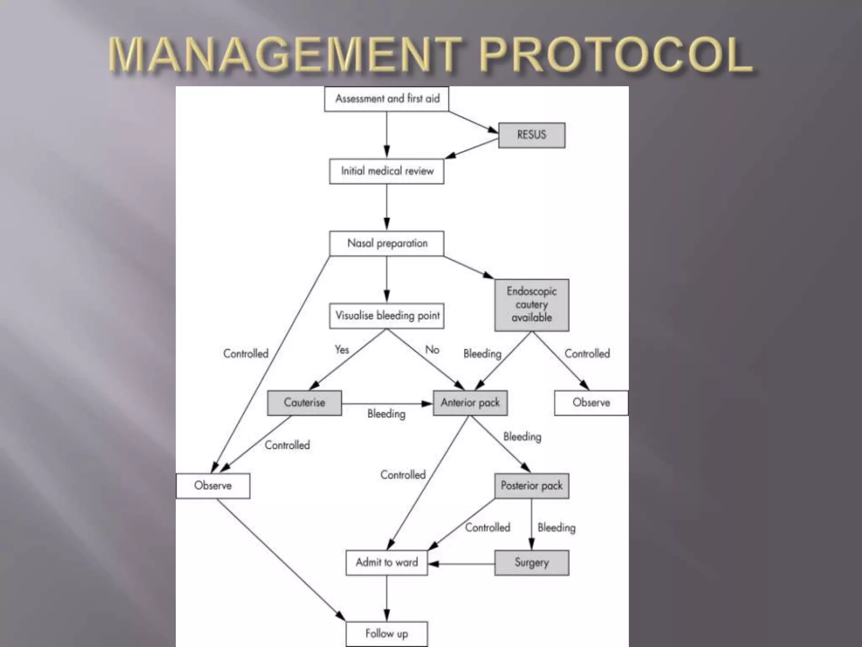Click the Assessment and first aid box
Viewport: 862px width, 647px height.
[386, 99]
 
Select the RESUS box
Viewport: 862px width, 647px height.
[532, 135]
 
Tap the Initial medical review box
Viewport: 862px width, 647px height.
[386, 171]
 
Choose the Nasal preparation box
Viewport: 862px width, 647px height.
[386, 243]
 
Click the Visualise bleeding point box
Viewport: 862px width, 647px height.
[386, 315]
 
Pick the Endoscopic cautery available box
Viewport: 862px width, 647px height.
[532, 305]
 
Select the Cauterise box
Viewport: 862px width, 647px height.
[304, 403]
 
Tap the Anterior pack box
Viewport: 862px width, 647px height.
[470, 403]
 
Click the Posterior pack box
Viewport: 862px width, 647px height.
[532, 486]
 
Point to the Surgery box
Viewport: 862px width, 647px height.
[532, 562]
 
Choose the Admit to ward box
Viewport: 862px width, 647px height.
[386, 562]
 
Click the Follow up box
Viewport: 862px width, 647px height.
[386, 634]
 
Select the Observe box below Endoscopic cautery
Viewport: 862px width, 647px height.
[591, 403]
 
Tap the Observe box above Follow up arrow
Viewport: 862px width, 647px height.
[213, 486]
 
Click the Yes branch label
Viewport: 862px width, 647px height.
[342, 350]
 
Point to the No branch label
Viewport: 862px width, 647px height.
[432, 350]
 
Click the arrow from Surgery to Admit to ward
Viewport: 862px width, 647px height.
[461, 564]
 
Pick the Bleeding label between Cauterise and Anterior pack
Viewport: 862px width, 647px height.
[386, 414]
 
